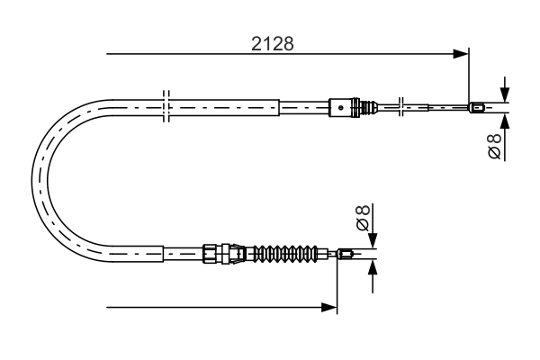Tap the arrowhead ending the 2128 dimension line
coord(463,54)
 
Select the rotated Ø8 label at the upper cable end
coord(493,146)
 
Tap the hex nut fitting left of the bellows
coord(211,253)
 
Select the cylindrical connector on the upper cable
coord(343,108)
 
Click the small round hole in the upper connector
coord(341,108)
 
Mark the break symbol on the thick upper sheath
coord(165,105)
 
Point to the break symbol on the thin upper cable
coord(401,107)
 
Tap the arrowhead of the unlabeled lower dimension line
coord(330,308)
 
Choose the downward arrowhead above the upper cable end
coord(505,97)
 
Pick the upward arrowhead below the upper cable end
coord(505,121)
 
